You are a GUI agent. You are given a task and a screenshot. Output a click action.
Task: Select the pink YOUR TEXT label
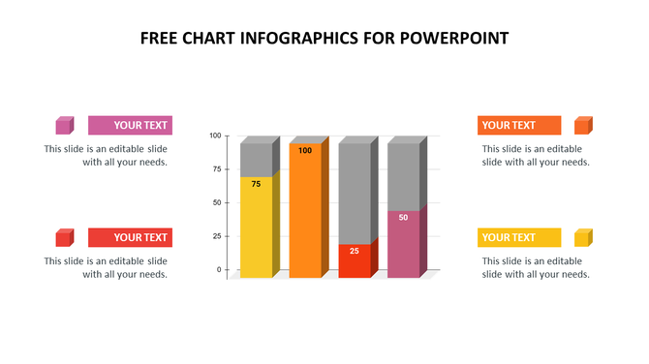[x=130, y=125]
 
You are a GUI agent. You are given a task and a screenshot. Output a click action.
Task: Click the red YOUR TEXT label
[x=130, y=237]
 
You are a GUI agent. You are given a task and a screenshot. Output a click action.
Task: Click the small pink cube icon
[x=64, y=125]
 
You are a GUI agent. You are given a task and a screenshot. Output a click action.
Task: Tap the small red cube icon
[x=64, y=237]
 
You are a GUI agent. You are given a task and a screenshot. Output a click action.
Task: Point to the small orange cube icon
[x=582, y=125]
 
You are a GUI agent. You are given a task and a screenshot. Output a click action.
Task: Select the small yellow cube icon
[x=582, y=237]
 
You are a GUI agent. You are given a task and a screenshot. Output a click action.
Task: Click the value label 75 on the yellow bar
[x=256, y=184]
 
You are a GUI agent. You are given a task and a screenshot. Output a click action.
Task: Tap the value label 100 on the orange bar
[x=305, y=150]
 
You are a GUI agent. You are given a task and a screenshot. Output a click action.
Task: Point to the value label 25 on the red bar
[x=355, y=251]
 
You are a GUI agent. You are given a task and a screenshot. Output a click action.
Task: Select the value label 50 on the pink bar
[x=403, y=217]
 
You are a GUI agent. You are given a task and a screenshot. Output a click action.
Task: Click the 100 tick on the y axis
[x=215, y=136]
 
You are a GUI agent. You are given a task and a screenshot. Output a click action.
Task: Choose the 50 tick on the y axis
[x=217, y=203]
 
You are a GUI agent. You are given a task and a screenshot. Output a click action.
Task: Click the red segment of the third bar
[x=355, y=263]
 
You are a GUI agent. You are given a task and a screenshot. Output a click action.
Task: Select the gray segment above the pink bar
[x=403, y=176]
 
